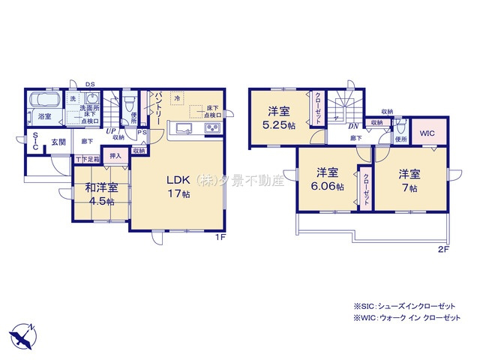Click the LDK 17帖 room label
click(x=178, y=185)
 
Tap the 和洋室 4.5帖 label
click(x=100, y=194)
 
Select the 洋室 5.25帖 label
click(x=280, y=118)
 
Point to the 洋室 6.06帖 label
click(x=328, y=178)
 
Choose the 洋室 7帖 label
click(x=409, y=178)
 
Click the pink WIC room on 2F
click(x=427, y=133)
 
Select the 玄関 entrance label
click(x=58, y=141)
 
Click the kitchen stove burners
click(x=212, y=128)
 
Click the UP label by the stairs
click(x=110, y=130)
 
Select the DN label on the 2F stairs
click(x=352, y=126)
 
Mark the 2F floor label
click(x=444, y=249)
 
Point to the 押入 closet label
click(x=115, y=156)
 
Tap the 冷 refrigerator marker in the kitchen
click(x=178, y=97)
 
